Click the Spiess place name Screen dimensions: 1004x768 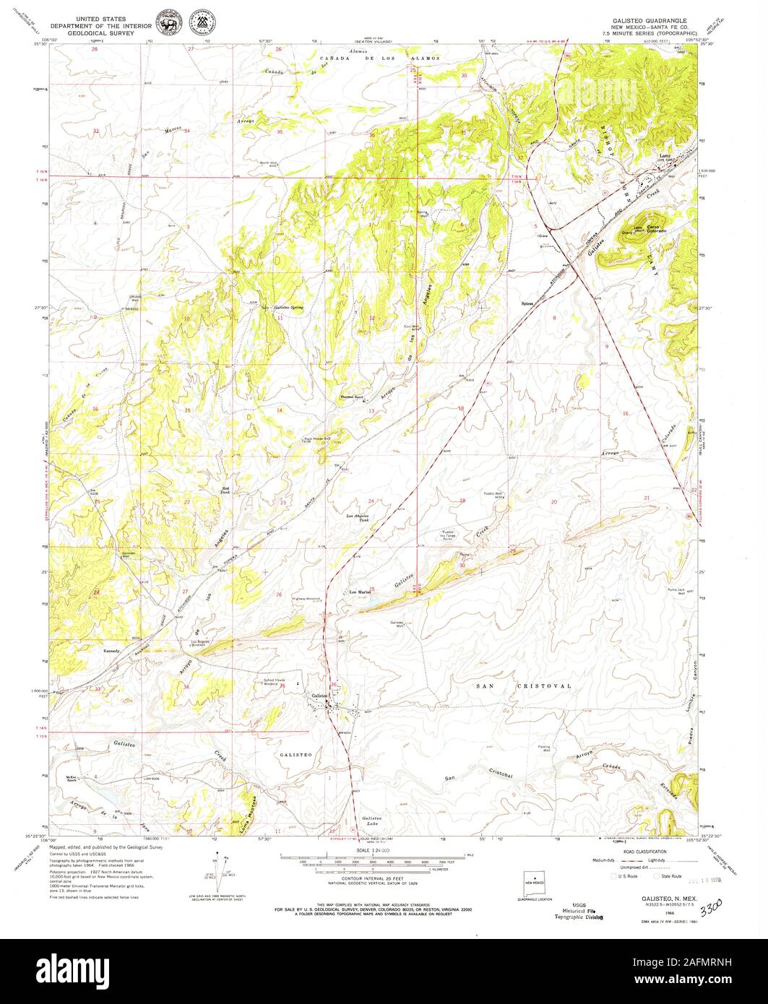[527, 303]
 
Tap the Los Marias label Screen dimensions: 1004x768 [360, 592]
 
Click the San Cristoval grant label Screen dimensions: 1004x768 [525, 685]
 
